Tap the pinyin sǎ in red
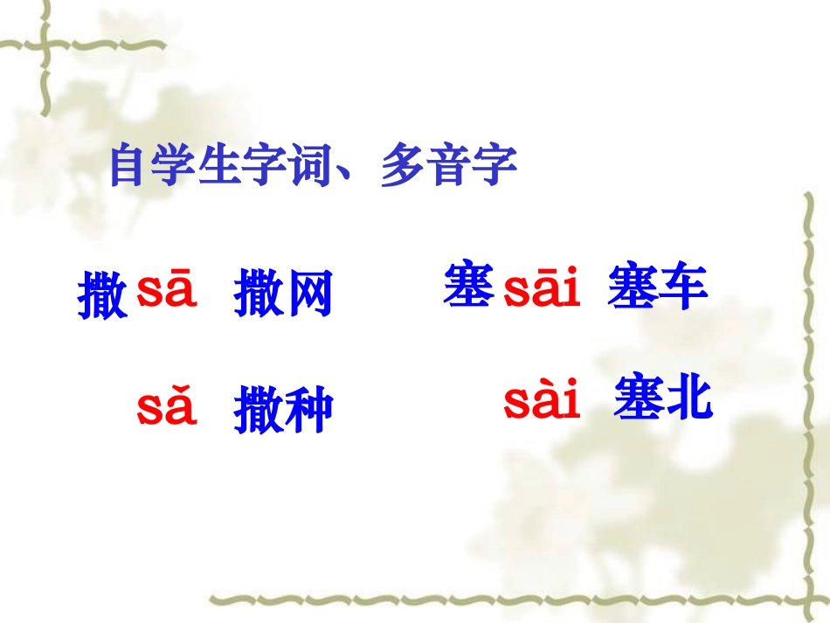tap(166, 408)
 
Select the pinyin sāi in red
tap(542, 290)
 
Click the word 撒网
tap(283, 294)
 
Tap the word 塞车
tap(657, 287)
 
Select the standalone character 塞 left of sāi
tap(469, 286)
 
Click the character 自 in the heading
tap(128, 166)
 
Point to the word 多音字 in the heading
tap(449, 166)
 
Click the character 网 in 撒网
tap(308, 294)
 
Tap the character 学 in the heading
tap(173, 166)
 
